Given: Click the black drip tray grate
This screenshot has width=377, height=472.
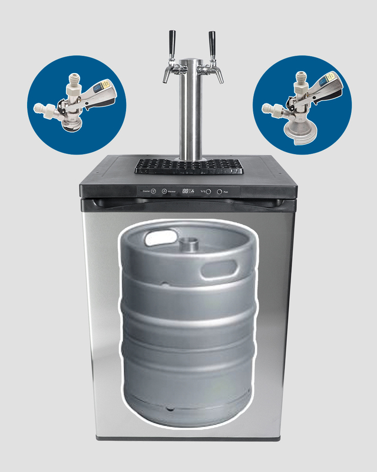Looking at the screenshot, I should (188, 167).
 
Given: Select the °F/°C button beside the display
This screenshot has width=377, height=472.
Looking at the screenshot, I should (208, 192).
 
